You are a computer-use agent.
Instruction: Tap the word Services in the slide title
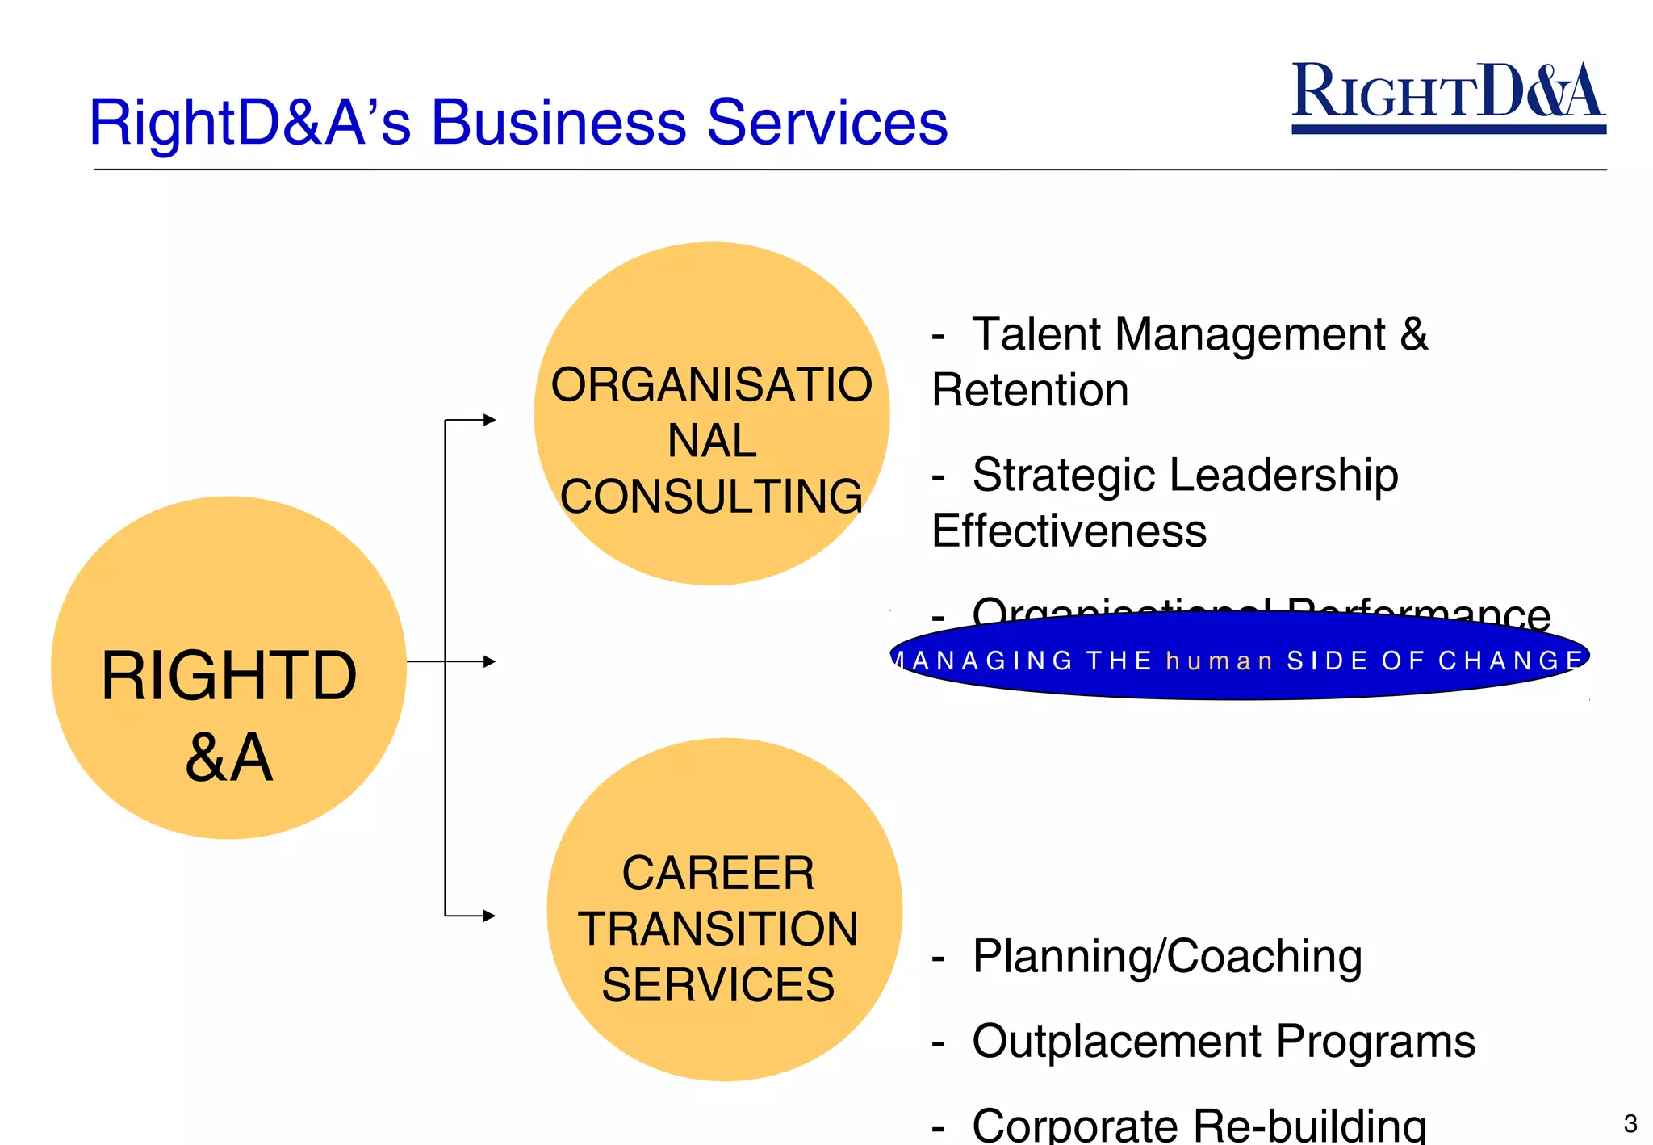(826, 123)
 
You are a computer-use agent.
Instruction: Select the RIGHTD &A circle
(228, 667)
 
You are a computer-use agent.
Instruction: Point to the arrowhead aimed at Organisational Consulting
(489, 420)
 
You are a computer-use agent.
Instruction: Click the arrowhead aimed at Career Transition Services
(489, 916)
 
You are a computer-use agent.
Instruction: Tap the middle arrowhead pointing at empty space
(489, 661)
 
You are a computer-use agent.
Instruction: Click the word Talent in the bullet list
(1037, 334)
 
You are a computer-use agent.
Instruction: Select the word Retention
(1030, 391)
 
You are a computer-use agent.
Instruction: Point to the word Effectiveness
(1069, 531)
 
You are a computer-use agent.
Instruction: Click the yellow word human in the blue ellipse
(1219, 661)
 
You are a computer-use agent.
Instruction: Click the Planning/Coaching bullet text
(1166, 957)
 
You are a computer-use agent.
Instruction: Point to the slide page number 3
(1630, 1123)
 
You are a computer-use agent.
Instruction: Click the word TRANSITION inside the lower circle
(718, 929)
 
